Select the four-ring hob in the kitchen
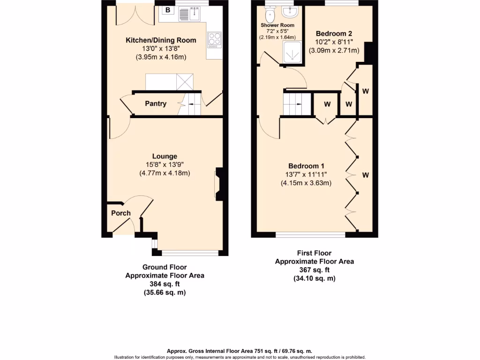pos(214,39)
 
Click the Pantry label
pos(155,104)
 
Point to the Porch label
pos(120,213)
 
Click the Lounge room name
pos(165,156)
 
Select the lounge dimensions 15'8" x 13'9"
pos(165,165)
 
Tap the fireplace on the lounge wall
pos(219,184)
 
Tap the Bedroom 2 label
pos(333,33)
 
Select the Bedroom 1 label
pos(306,166)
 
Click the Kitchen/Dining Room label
pos(161,40)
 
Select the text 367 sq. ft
pos(314,270)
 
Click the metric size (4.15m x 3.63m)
pos(306,183)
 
